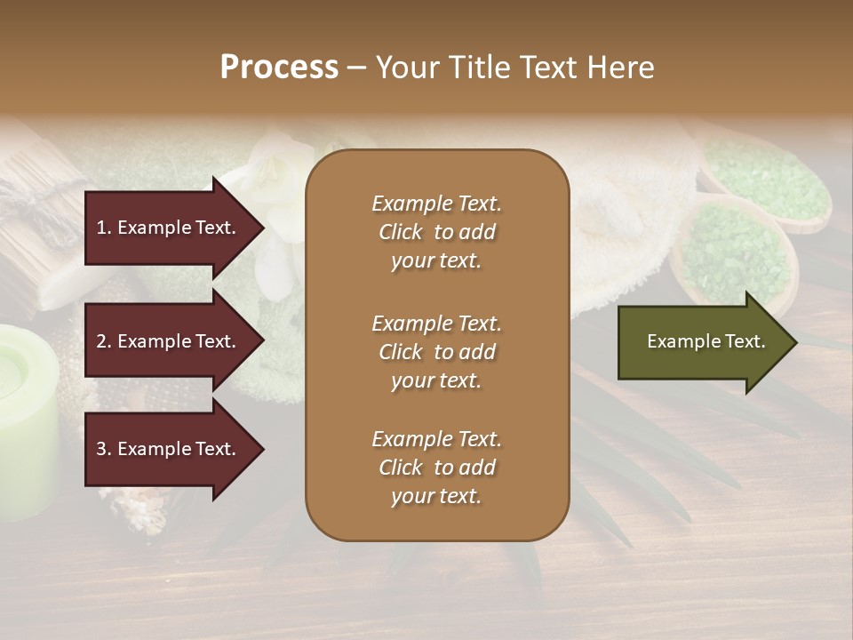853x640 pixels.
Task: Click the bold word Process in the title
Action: click(x=279, y=68)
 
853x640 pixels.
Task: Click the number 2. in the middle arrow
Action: click(x=104, y=341)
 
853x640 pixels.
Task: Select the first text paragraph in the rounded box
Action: click(x=436, y=232)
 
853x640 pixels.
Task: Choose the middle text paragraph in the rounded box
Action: click(x=436, y=352)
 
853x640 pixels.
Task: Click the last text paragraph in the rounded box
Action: click(x=436, y=468)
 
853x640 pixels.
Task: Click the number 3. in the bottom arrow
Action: click(x=104, y=449)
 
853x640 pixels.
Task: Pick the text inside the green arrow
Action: click(x=706, y=341)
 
